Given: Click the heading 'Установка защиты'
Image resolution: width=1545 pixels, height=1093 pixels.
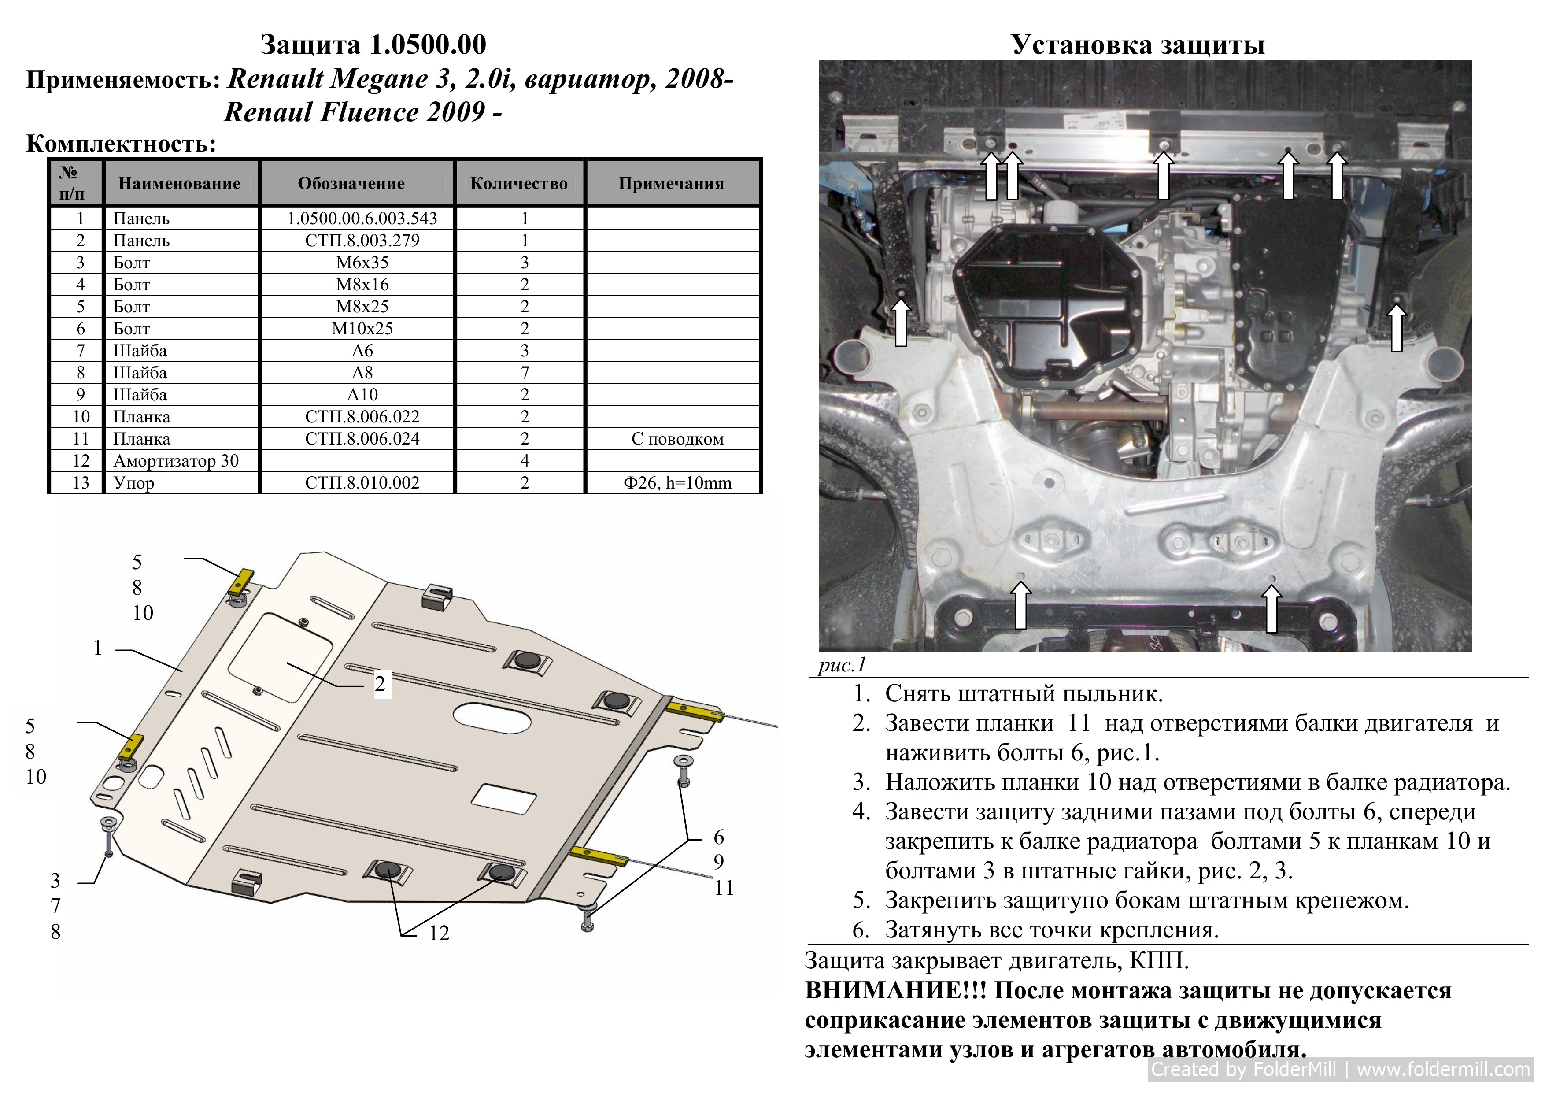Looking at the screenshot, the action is [x=1138, y=45].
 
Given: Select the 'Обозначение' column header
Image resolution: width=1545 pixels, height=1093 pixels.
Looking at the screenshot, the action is [x=351, y=183].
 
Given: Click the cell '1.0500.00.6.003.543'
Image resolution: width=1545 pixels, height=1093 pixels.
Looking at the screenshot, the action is [x=362, y=218].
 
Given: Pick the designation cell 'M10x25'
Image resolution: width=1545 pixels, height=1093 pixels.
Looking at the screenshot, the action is [x=362, y=329].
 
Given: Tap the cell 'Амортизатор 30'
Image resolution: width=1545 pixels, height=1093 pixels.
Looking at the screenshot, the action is [x=176, y=461].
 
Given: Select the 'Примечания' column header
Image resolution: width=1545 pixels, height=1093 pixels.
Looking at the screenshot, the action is [x=671, y=183].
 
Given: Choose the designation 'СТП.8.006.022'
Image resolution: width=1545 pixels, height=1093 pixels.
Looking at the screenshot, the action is [x=362, y=417].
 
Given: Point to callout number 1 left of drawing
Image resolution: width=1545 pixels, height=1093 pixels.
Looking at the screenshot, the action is [x=98, y=648].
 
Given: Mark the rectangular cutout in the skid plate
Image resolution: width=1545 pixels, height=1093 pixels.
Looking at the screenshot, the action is [x=504, y=797].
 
